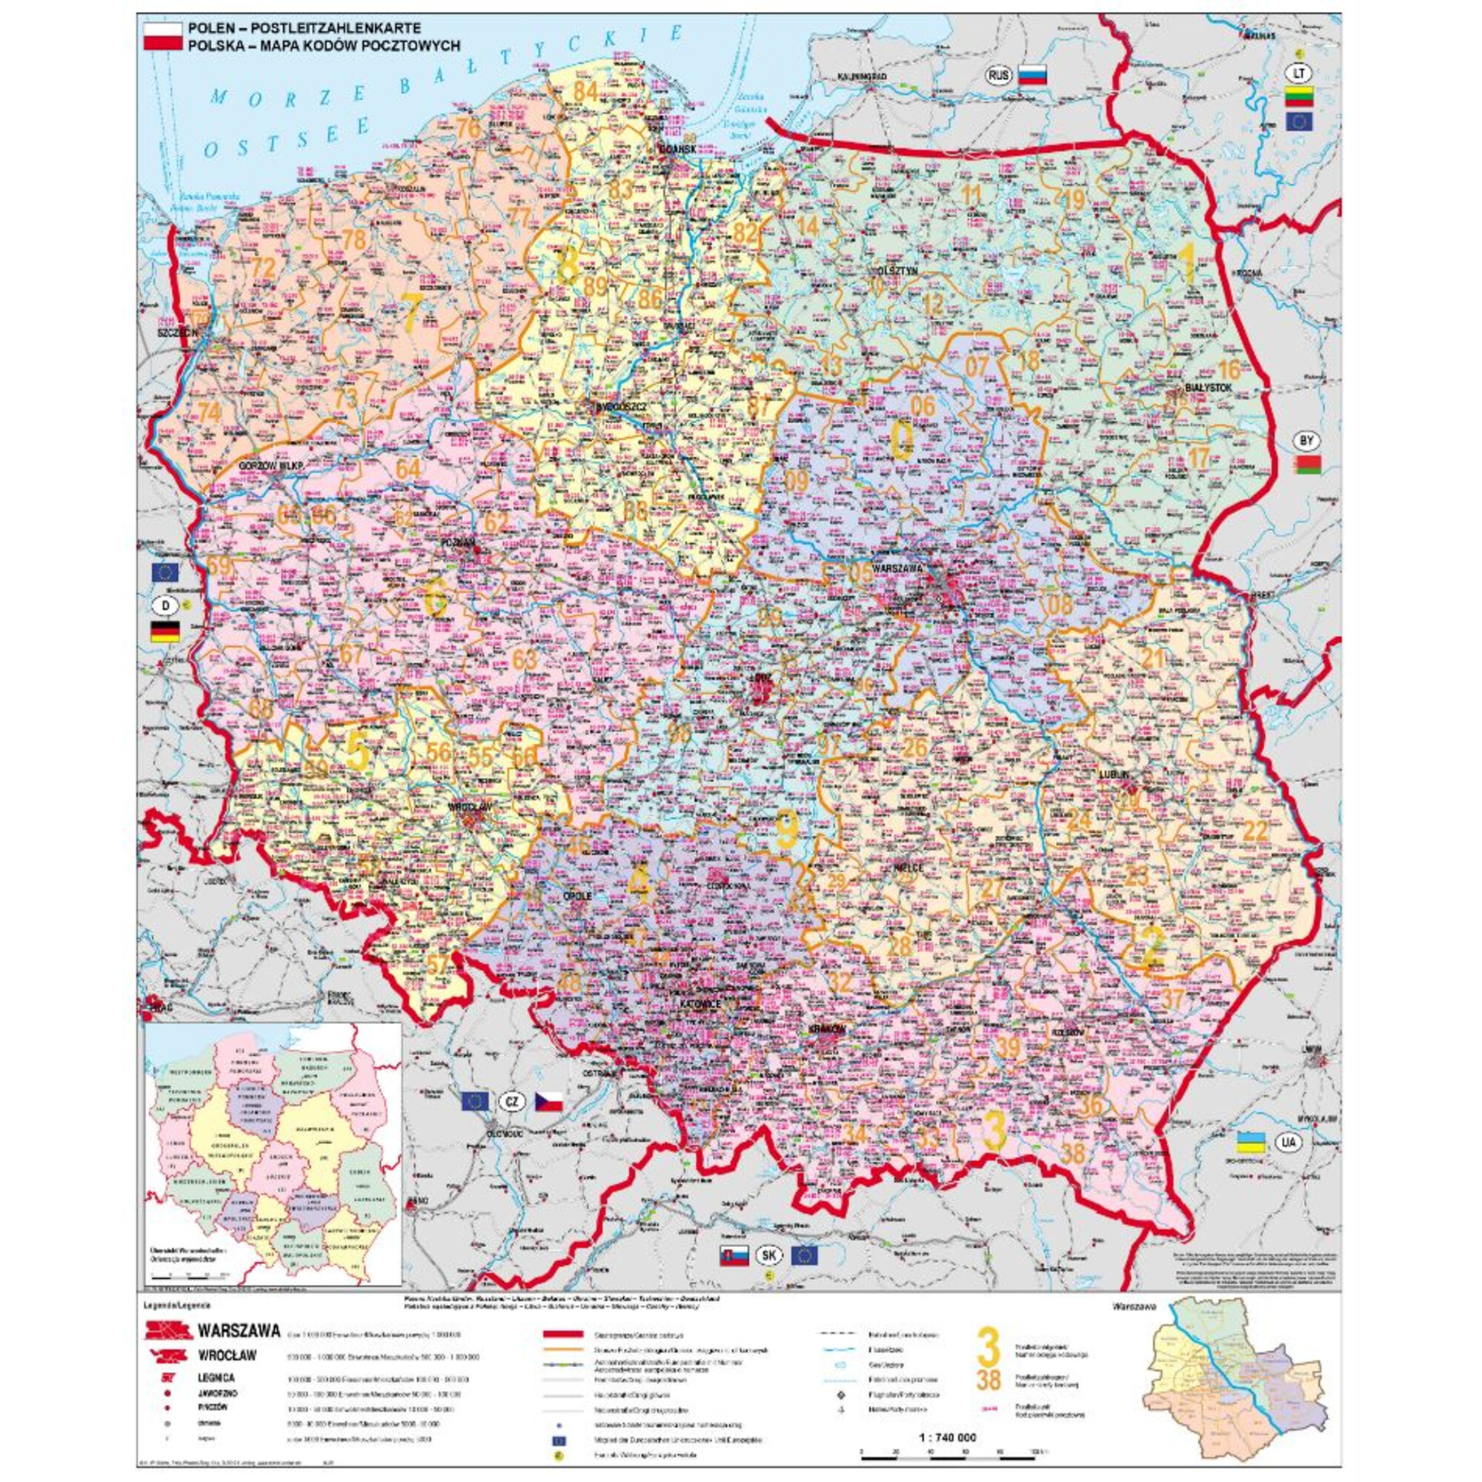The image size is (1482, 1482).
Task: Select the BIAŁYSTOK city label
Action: point(1207,388)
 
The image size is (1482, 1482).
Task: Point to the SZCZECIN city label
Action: point(177,333)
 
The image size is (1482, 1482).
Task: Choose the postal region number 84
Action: point(585,90)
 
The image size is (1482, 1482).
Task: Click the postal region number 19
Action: point(1072,201)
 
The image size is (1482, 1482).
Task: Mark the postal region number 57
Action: point(437,964)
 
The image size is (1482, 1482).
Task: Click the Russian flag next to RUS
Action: point(1031,75)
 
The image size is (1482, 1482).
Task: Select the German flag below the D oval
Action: point(165,632)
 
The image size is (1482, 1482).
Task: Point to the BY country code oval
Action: point(1306,441)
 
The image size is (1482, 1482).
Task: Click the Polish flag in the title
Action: point(162,36)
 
